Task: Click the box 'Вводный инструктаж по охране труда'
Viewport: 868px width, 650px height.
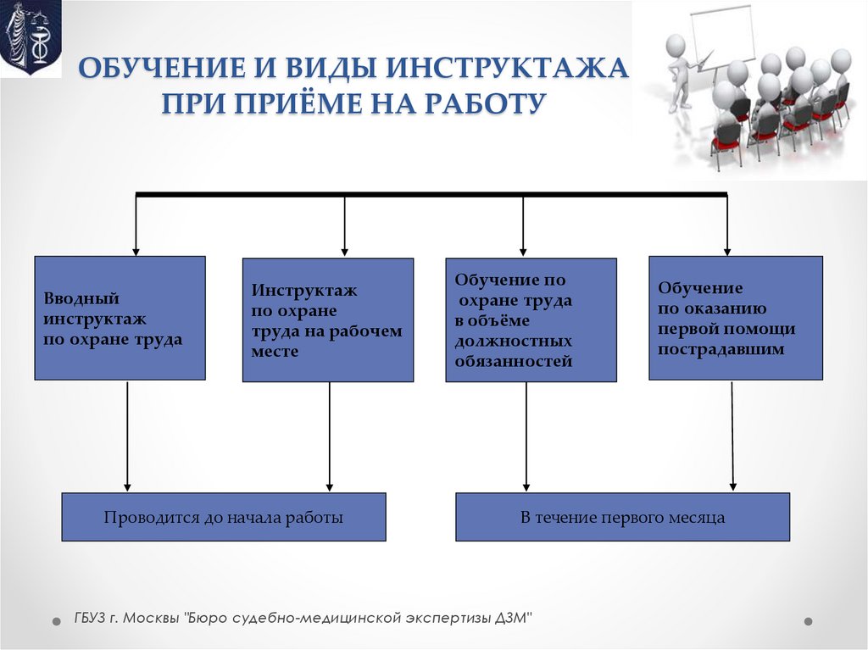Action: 120,318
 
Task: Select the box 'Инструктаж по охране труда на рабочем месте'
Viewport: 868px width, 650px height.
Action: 328,320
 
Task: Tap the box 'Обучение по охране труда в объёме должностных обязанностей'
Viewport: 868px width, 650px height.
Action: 531,320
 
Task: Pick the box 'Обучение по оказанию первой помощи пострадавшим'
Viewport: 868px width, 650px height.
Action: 735,318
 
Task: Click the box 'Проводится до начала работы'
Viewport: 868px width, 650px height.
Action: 223,517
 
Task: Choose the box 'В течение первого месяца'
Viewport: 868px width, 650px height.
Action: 622,517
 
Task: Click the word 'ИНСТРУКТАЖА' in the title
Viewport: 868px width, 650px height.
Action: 509,69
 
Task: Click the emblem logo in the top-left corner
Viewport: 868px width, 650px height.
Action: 31,39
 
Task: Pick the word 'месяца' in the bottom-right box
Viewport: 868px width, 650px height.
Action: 699,517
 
